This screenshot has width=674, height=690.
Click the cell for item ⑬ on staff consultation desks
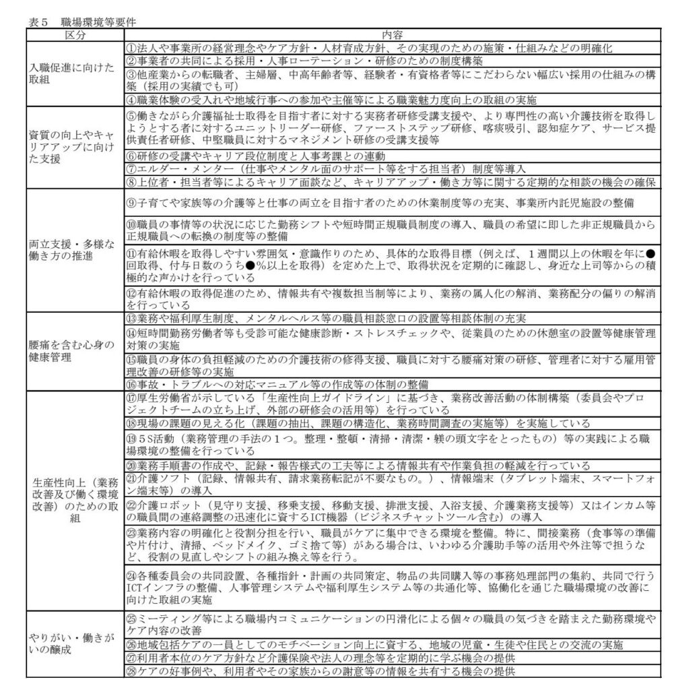pos(323,317)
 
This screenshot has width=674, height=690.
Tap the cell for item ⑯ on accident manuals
pos(290,383)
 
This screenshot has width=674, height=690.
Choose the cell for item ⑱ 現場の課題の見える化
pos(357,423)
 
